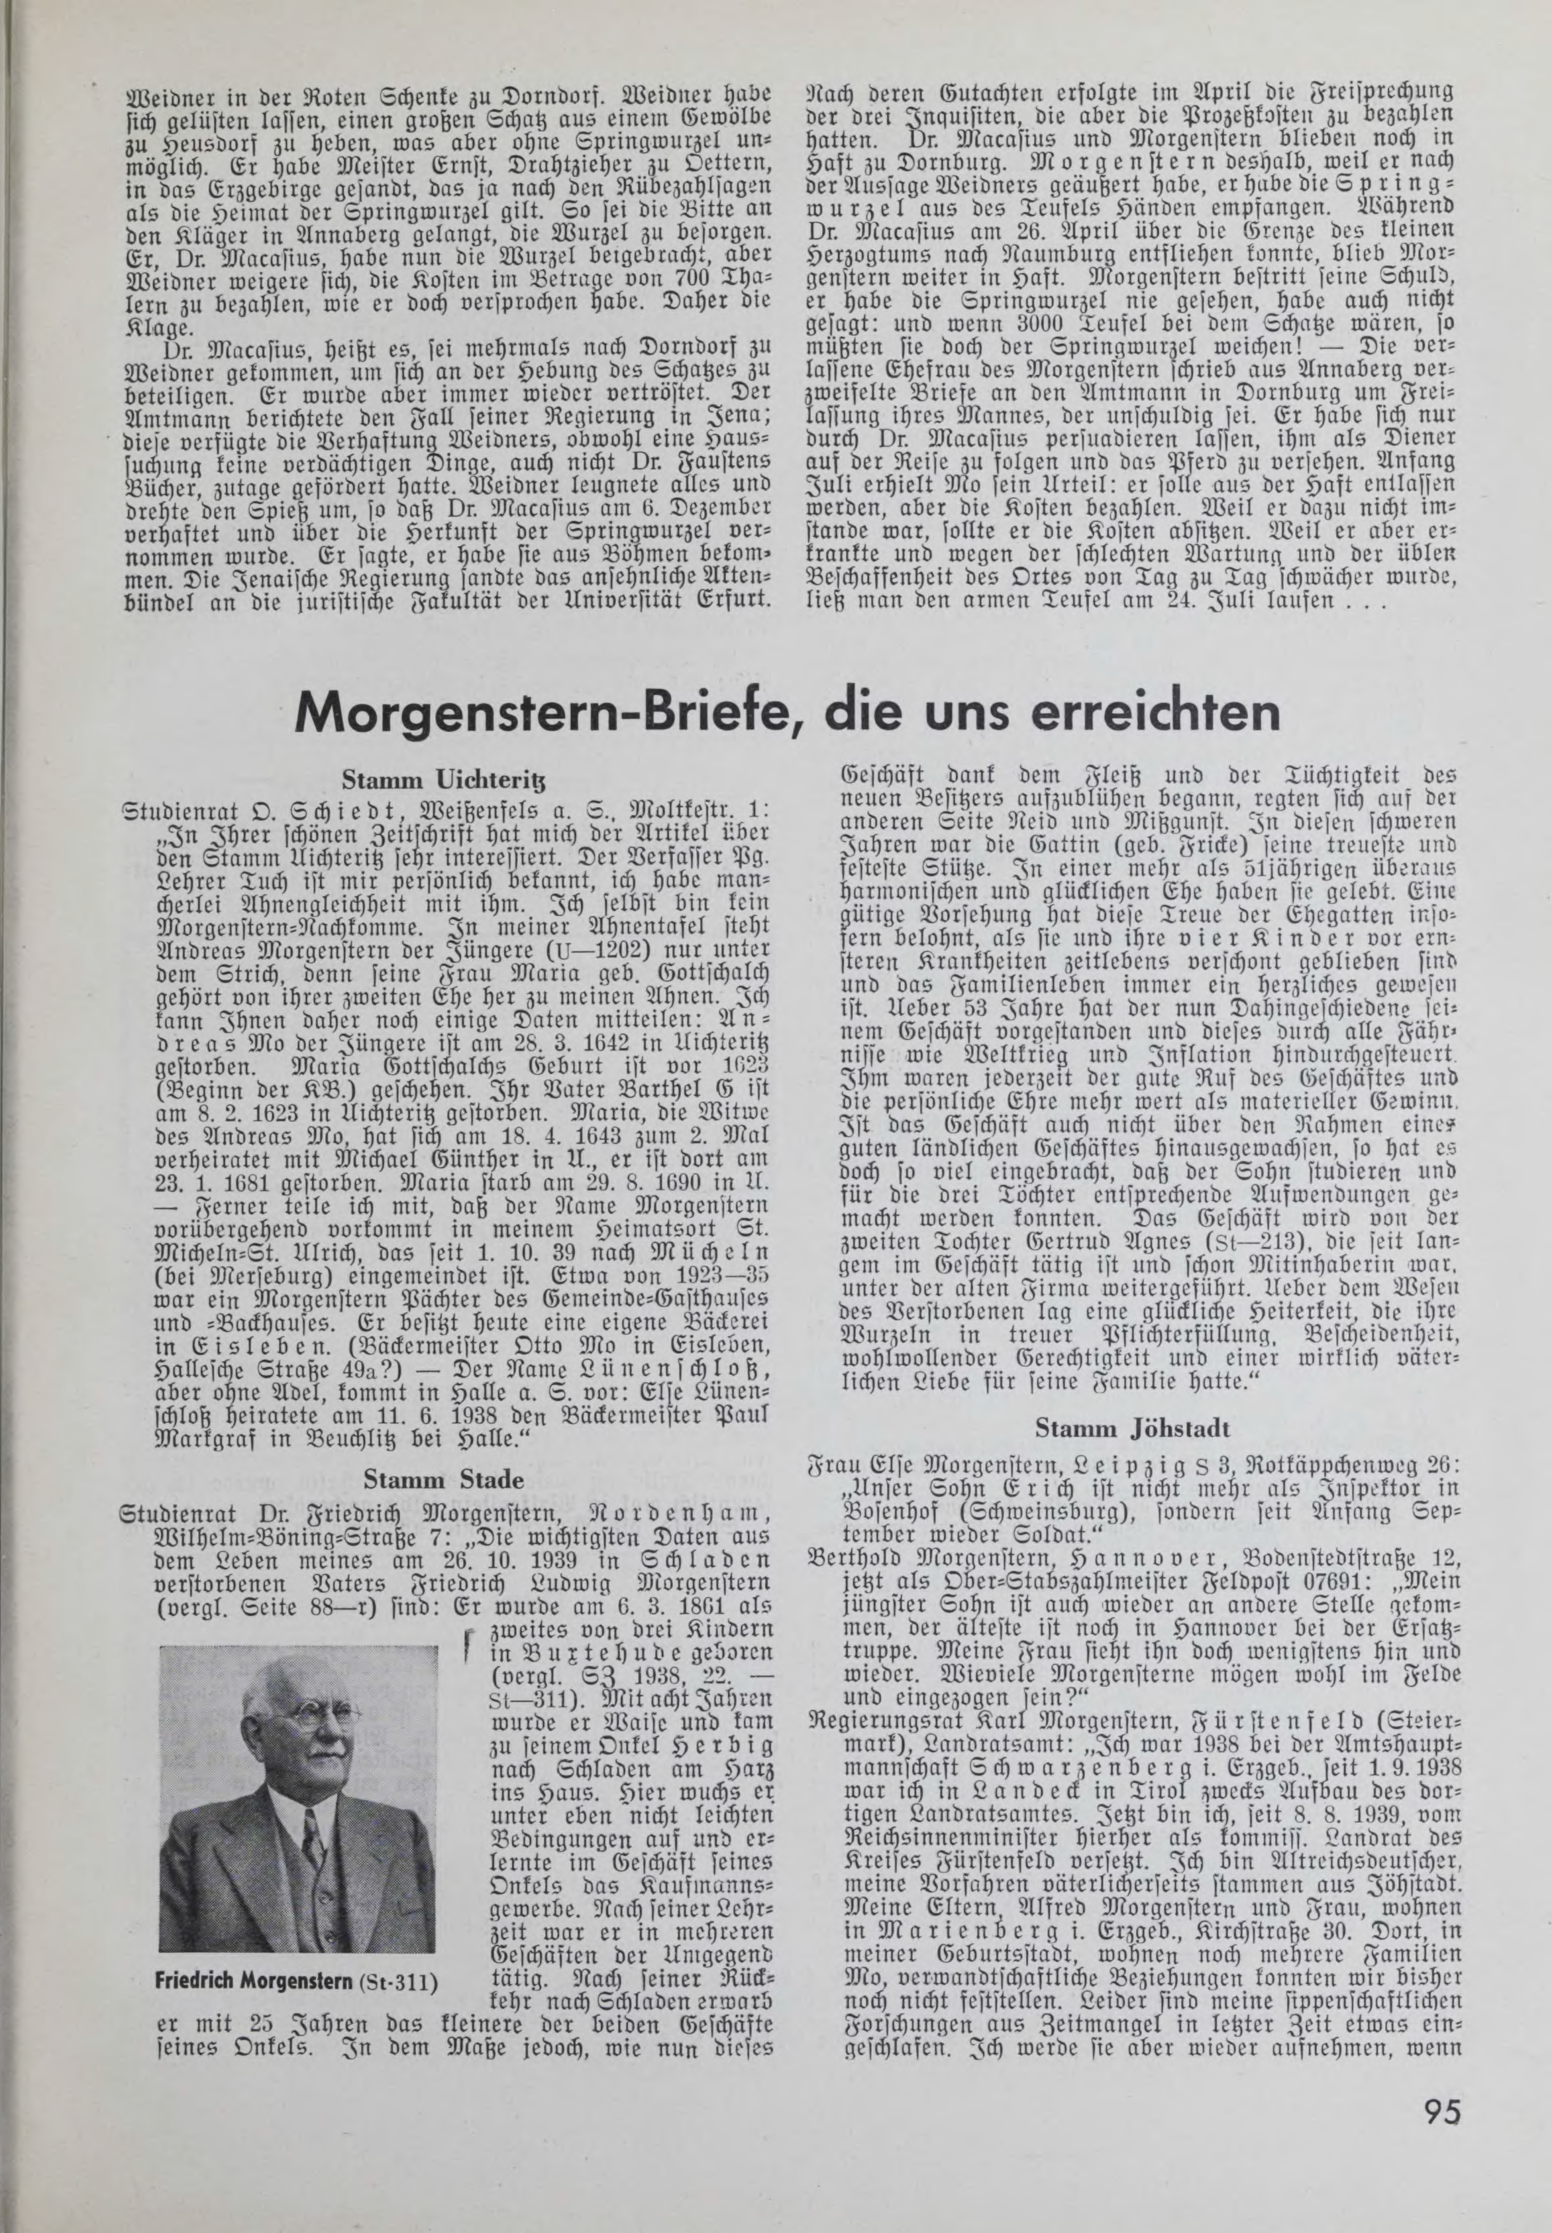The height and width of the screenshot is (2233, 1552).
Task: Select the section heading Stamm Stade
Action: point(443,1481)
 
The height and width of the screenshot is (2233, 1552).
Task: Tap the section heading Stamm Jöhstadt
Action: point(1132,1428)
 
